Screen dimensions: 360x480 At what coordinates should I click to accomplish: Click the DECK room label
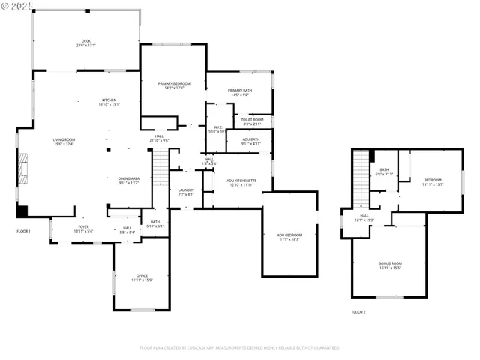click(x=86, y=43)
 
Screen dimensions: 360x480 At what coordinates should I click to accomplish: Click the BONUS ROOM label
click(x=390, y=265)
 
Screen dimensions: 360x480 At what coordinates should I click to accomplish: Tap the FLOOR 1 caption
click(x=23, y=231)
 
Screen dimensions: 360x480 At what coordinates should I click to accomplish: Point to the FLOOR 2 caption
click(x=358, y=311)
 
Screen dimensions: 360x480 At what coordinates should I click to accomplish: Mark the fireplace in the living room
click(x=24, y=169)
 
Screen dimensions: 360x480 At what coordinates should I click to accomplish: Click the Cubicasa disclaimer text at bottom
click(x=239, y=348)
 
